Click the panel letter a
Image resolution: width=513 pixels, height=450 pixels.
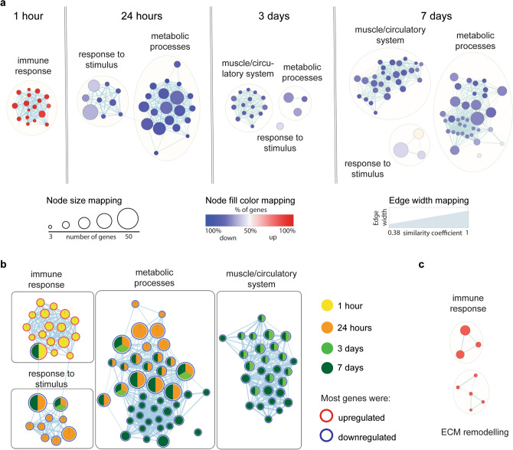[x=5, y=5]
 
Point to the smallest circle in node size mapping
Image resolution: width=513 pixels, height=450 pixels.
[x=51, y=227]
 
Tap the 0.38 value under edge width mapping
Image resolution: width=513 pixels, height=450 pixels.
[x=395, y=231]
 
